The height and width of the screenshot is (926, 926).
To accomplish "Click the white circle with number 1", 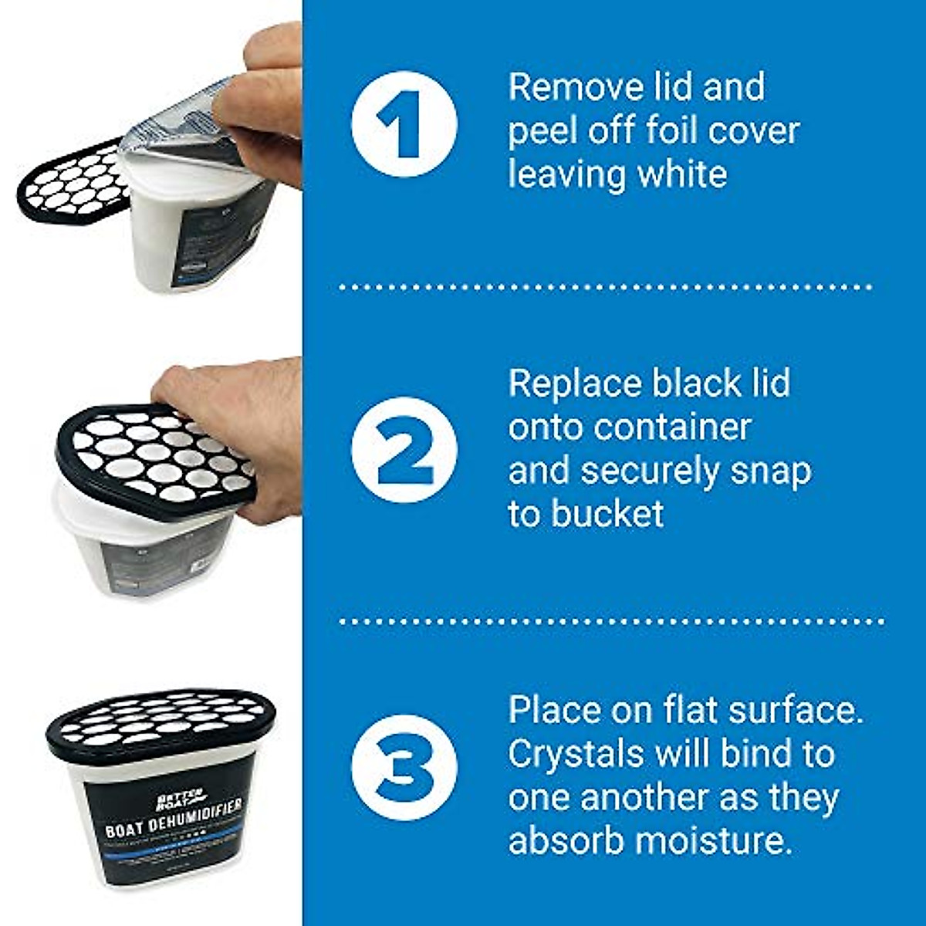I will click(404, 125).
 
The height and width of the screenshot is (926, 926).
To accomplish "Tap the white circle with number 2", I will click(404, 451).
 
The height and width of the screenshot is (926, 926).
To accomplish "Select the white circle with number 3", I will click(404, 767).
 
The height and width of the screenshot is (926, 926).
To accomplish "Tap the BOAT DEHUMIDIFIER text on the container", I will click(173, 818).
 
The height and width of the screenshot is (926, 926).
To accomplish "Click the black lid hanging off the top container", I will click(69, 181).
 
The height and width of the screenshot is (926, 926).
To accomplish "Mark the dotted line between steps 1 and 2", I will click(605, 286).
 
